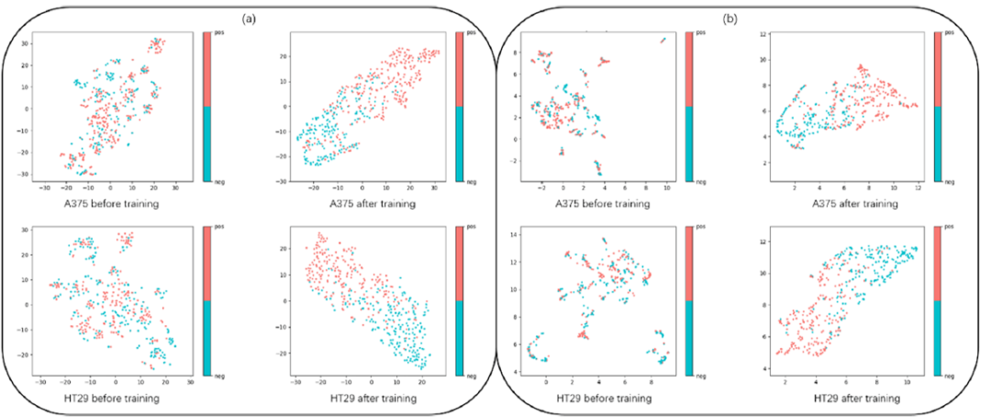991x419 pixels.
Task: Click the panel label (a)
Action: (x=248, y=17)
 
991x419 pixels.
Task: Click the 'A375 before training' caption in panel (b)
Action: (x=592, y=203)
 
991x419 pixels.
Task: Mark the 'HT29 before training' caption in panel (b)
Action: (x=592, y=398)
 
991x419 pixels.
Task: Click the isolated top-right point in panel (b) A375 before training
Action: (x=663, y=40)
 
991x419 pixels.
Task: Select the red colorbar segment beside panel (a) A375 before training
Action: (x=206, y=70)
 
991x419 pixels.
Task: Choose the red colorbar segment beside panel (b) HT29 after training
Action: (x=938, y=264)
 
